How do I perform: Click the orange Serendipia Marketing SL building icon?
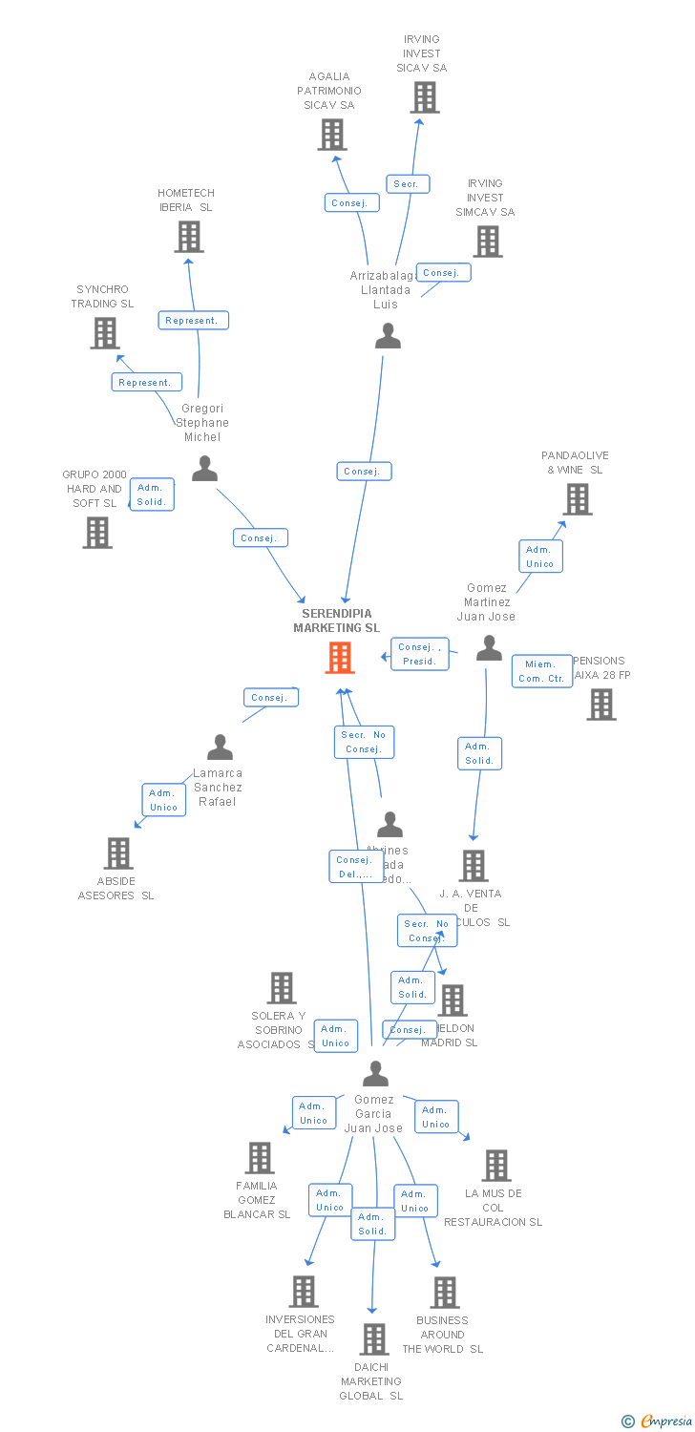tap(340, 658)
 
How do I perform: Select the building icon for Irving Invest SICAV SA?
tap(425, 97)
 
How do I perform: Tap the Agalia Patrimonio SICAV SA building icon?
tap(331, 135)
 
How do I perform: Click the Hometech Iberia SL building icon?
tap(189, 237)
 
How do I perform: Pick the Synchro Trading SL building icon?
tap(104, 333)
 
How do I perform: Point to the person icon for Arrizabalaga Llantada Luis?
tap(388, 336)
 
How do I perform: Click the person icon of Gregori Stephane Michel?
tap(204, 469)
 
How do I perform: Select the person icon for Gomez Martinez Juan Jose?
tap(489, 649)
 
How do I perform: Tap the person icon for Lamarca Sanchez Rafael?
tap(221, 748)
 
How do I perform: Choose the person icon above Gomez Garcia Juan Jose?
tap(375, 1074)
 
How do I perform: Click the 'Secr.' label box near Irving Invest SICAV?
tap(408, 184)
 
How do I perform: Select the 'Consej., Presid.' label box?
tap(419, 654)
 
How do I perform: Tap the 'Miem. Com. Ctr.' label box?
tap(541, 671)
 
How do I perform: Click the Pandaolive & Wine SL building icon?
tap(577, 499)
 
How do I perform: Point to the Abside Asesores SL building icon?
tap(117, 853)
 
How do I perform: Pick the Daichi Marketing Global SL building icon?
tap(373, 1339)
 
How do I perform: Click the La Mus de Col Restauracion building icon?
tap(495, 1166)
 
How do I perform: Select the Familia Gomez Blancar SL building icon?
tap(260, 1158)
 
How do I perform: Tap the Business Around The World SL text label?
tap(442, 1335)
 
